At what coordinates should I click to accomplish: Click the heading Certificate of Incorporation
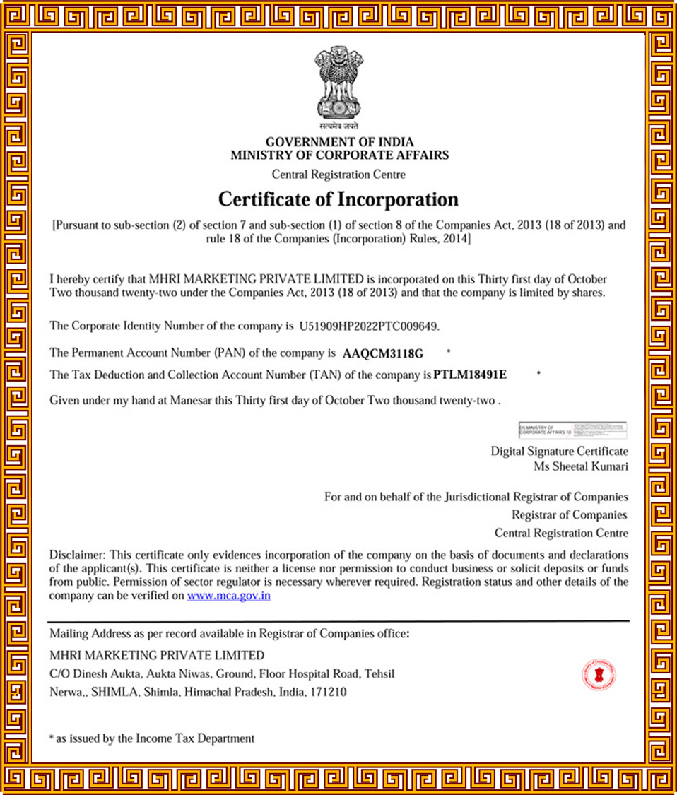coord(338,199)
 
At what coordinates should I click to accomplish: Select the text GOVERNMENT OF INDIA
coord(339,142)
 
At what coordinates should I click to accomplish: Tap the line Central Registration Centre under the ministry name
coord(338,175)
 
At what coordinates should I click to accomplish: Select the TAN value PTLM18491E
coord(470,374)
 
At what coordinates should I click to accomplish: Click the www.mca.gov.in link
coord(229,596)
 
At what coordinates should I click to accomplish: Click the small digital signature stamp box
coord(572,429)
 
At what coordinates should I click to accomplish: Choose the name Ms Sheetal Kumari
coord(580,466)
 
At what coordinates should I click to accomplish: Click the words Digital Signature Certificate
coord(559,451)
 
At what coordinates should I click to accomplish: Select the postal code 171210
coord(329,693)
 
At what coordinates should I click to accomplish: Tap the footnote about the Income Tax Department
coord(151,738)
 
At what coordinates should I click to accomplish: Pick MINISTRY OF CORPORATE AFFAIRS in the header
coord(339,155)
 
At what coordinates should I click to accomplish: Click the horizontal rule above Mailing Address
coord(338,621)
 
